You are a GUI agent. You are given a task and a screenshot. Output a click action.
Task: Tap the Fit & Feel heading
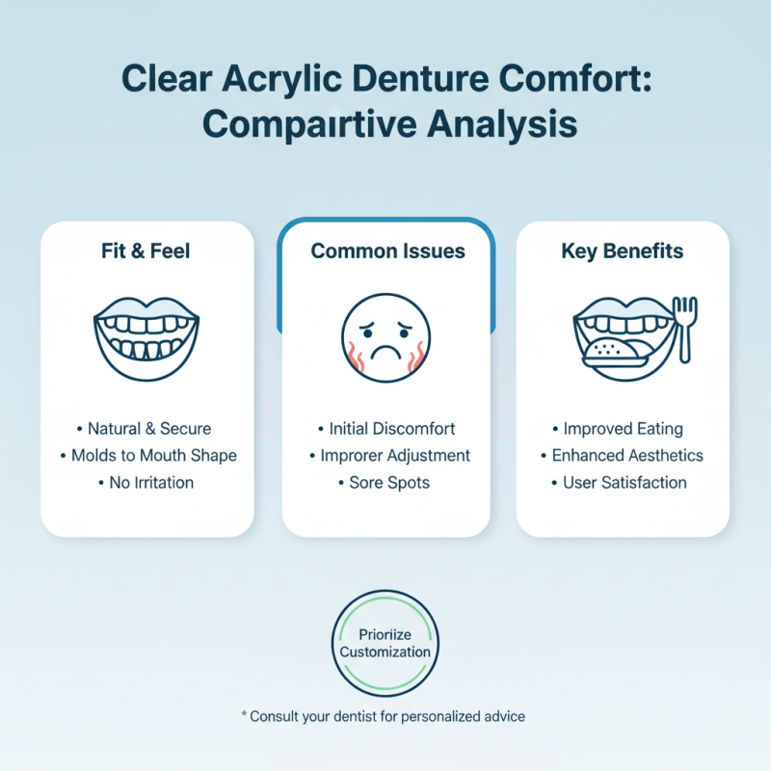[146, 252]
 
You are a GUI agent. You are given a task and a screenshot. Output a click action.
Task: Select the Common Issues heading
[387, 252]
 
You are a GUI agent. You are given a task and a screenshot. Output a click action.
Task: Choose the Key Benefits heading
[623, 252]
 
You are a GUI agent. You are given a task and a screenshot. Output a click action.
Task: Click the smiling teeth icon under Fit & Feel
[146, 332]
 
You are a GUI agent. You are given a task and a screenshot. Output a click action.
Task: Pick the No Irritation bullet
[146, 482]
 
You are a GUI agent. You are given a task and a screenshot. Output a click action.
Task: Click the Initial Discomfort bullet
[387, 428]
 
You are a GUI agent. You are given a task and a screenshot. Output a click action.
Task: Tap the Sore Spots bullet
[386, 482]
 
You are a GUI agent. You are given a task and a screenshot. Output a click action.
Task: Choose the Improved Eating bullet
[623, 428]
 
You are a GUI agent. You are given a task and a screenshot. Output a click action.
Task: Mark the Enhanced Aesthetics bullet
[623, 455]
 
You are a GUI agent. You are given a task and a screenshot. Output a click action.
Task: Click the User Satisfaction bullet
[623, 482]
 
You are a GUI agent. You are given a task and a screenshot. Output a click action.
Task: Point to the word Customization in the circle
[385, 652]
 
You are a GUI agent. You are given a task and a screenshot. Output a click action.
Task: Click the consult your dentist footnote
[385, 717]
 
